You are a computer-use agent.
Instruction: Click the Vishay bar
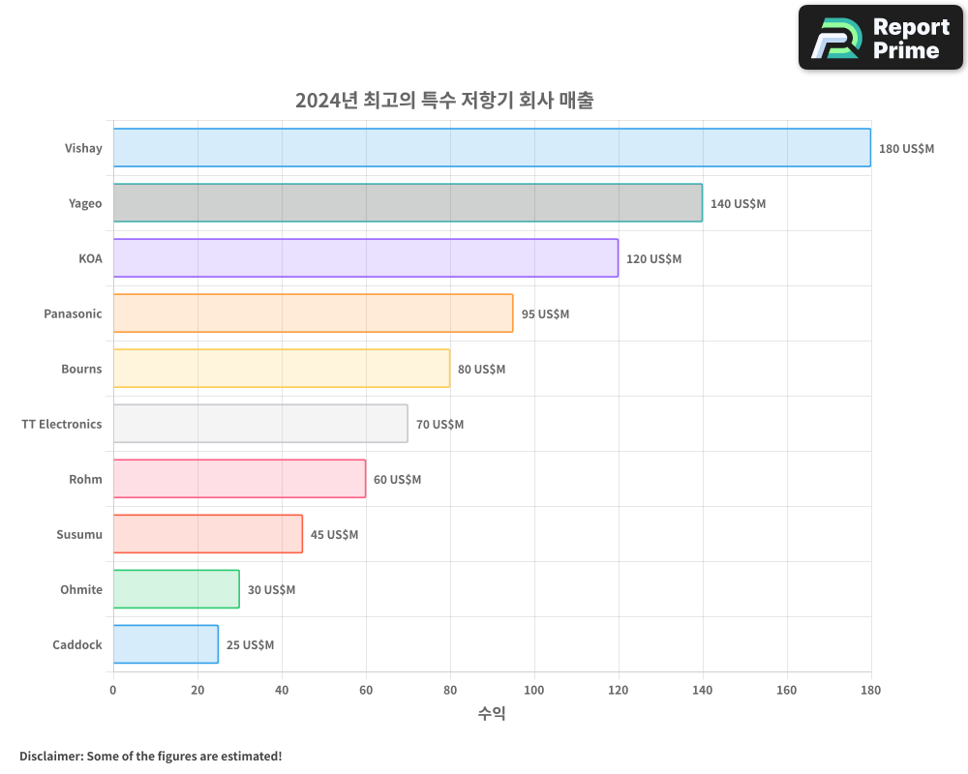pos(492,148)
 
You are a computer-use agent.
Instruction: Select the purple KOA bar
pos(366,258)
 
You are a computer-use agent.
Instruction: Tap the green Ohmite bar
pos(176,589)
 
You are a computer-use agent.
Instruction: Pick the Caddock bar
pos(166,644)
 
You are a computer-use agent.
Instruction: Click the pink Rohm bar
pos(239,479)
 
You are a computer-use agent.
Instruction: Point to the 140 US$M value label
pos(738,204)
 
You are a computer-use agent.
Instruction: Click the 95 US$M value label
pos(545,314)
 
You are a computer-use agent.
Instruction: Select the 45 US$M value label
pos(334,535)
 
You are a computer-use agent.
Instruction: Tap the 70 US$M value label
pos(439,425)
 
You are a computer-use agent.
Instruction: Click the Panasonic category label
pos(73,313)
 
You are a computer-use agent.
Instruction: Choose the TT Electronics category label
pos(62,424)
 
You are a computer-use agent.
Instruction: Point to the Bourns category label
pos(81,369)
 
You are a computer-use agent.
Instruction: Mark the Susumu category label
pos(79,534)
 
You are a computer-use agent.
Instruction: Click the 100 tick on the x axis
pos(534,691)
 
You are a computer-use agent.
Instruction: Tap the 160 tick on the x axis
pos(787,691)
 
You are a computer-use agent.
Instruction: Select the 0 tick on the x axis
pos(113,691)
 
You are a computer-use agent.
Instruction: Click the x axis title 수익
pos(492,714)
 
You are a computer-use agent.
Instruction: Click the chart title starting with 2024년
pos(444,100)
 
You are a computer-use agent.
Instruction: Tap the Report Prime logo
pos(880,38)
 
